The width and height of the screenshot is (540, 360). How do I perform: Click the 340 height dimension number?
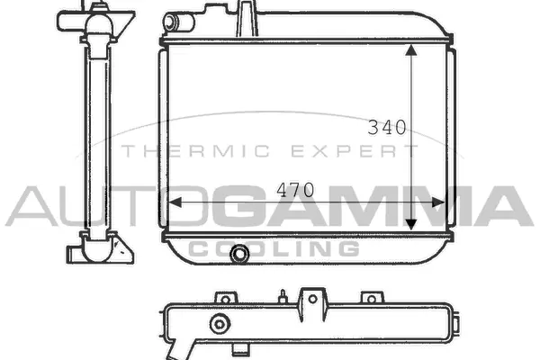click(387, 127)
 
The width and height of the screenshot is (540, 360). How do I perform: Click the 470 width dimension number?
click(295, 190)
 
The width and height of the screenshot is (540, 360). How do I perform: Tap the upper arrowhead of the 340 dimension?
click(411, 50)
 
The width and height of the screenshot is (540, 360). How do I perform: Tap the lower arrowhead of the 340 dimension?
click(411, 225)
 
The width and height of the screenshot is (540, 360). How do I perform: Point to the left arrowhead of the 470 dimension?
click(175, 202)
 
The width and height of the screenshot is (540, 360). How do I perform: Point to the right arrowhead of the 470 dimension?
click(439, 202)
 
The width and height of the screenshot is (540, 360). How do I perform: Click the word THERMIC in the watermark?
click(195, 151)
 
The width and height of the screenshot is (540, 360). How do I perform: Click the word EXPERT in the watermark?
click(355, 151)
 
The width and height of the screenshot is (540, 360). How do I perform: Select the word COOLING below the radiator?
click(274, 248)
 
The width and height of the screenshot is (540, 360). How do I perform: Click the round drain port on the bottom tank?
click(239, 254)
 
